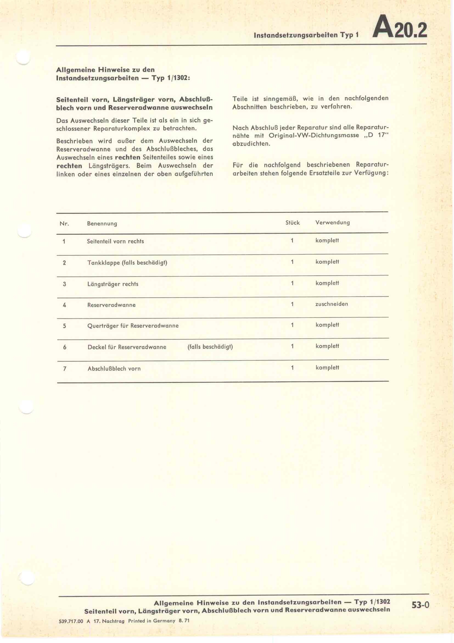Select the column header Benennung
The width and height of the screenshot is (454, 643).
(102, 223)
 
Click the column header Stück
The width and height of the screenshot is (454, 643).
(292, 223)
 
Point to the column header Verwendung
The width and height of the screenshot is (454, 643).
(332, 223)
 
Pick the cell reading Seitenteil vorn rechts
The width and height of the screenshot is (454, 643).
(115, 241)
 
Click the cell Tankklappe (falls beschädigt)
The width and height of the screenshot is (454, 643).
(127, 263)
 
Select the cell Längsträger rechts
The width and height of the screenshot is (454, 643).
(113, 284)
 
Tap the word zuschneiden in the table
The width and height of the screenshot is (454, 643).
(332, 304)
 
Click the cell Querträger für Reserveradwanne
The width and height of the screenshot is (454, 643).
(133, 326)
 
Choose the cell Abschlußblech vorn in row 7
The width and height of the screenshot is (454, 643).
(114, 369)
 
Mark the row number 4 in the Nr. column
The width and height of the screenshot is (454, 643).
(64, 305)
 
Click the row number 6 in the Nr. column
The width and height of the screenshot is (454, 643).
(65, 347)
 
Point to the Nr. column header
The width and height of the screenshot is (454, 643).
(64, 223)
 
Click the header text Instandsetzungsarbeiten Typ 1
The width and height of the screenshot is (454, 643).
(306, 35)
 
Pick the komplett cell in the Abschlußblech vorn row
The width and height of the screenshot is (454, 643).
(327, 368)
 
